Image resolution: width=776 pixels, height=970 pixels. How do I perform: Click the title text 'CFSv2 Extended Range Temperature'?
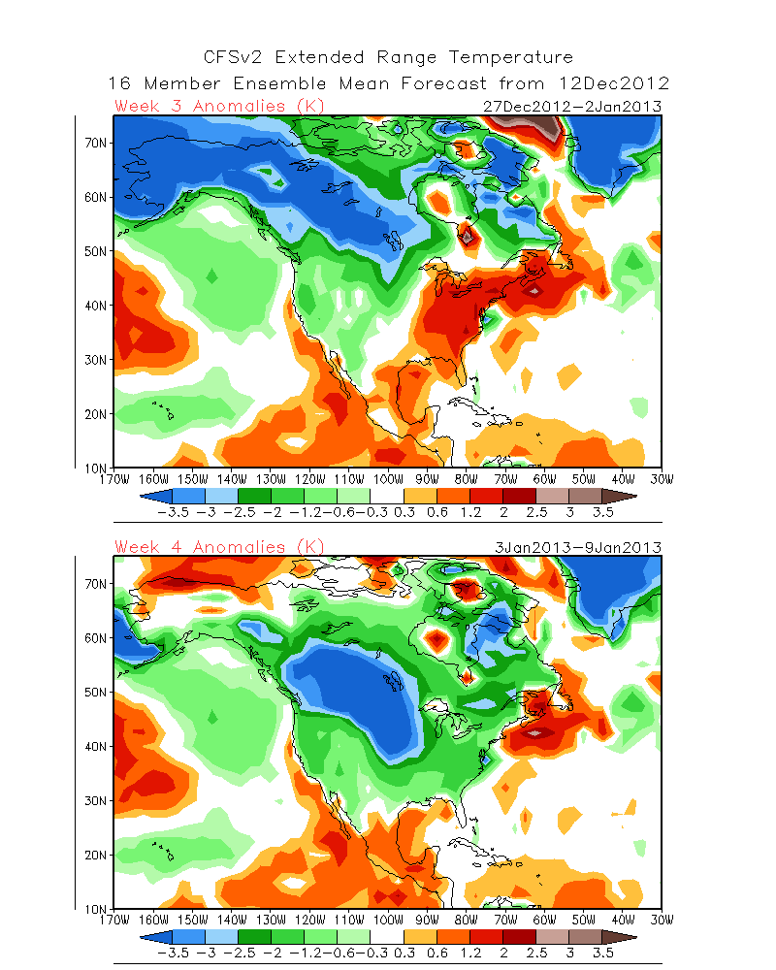click(388, 58)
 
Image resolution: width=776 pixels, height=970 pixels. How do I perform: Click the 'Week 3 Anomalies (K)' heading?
click(219, 106)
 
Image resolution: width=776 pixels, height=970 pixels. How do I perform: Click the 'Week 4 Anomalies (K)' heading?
click(219, 547)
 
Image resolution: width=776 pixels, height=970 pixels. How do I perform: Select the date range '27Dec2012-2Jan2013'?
click(571, 106)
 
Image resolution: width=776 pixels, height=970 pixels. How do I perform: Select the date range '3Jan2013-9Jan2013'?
click(576, 547)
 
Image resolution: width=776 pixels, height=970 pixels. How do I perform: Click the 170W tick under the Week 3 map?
click(114, 478)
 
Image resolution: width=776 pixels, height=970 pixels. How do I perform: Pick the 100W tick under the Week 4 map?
click(388, 920)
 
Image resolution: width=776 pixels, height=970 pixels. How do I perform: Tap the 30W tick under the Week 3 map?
click(662, 478)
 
